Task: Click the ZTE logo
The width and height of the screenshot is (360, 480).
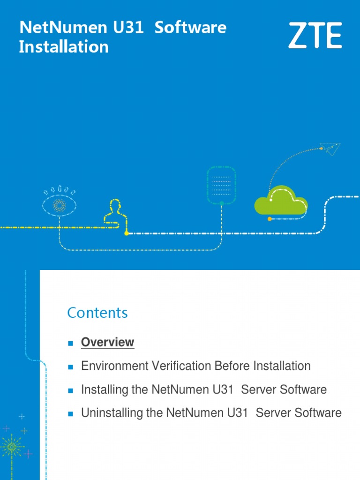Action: (315, 36)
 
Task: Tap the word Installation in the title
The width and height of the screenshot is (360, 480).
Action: (64, 47)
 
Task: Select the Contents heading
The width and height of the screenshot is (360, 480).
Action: (97, 313)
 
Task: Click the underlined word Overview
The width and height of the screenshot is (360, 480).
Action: (107, 342)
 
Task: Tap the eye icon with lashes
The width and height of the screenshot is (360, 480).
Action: (60, 204)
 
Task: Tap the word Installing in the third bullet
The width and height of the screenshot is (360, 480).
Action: (102, 390)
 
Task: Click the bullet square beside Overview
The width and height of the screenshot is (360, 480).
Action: (70, 343)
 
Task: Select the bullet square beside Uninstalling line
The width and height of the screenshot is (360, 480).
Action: (70, 414)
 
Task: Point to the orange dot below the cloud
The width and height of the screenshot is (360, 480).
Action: (270, 219)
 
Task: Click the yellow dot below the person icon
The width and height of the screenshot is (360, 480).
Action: (126, 233)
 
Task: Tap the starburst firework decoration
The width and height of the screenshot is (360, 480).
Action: (12, 446)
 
